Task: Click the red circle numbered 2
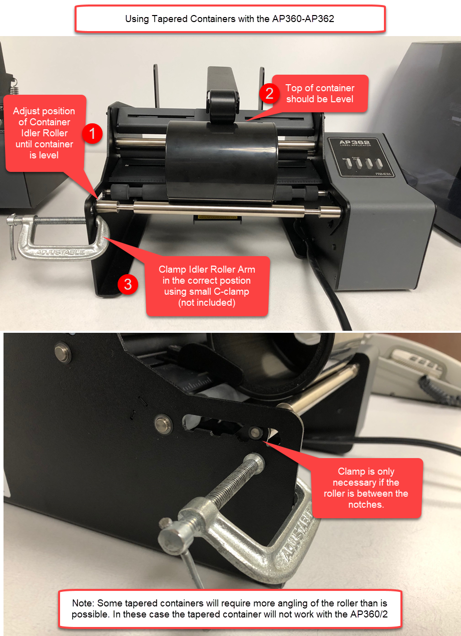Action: pos(269,94)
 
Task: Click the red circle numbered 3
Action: pos(128,285)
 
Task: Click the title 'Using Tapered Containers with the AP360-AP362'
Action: pos(230,20)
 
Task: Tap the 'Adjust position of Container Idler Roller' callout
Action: pos(44,133)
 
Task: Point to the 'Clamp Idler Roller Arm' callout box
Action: pos(207,286)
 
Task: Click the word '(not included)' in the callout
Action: pos(207,302)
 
